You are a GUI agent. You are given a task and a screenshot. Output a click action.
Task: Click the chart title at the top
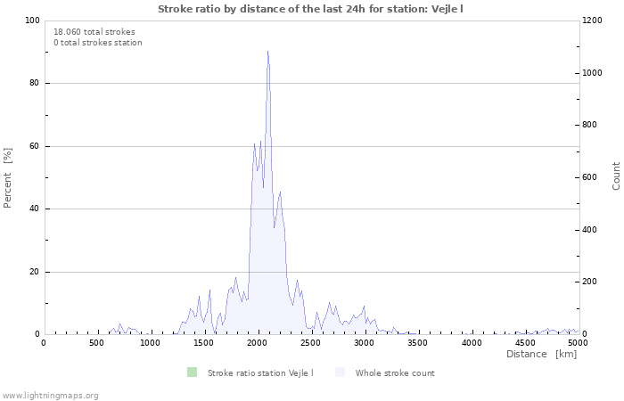[x=310, y=9]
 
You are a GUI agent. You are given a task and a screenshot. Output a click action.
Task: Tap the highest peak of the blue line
[x=267, y=51]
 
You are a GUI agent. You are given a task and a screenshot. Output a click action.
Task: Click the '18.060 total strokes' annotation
[x=94, y=32]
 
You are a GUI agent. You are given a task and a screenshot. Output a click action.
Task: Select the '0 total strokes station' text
[x=98, y=43]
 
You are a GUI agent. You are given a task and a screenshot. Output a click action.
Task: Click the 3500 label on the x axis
[x=419, y=343]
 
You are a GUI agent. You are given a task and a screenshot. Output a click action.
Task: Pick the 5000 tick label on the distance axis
[x=579, y=343]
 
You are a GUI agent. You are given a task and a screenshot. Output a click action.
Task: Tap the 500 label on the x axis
[x=96, y=343]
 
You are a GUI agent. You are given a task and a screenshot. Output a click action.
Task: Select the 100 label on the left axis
[x=33, y=20]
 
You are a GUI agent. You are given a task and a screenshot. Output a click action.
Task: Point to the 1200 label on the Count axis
[x=592, y=20]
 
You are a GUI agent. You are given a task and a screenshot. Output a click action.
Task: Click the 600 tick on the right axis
[x=590, y=177]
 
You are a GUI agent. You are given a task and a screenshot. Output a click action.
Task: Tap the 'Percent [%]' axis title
[x=7, y=178]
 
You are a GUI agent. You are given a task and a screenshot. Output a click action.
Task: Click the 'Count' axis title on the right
[x=616, y=176]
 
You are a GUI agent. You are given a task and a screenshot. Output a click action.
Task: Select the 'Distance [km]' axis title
[x=542, y=354]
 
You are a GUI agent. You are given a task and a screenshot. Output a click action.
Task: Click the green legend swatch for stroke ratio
[x=193, y=372]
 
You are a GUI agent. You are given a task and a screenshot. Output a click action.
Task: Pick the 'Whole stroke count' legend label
[x=395, y=373]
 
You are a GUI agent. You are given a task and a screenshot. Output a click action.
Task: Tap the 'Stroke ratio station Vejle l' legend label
[x=260, y=373]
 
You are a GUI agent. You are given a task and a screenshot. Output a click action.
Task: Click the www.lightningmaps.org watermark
[x=49, y=396]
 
